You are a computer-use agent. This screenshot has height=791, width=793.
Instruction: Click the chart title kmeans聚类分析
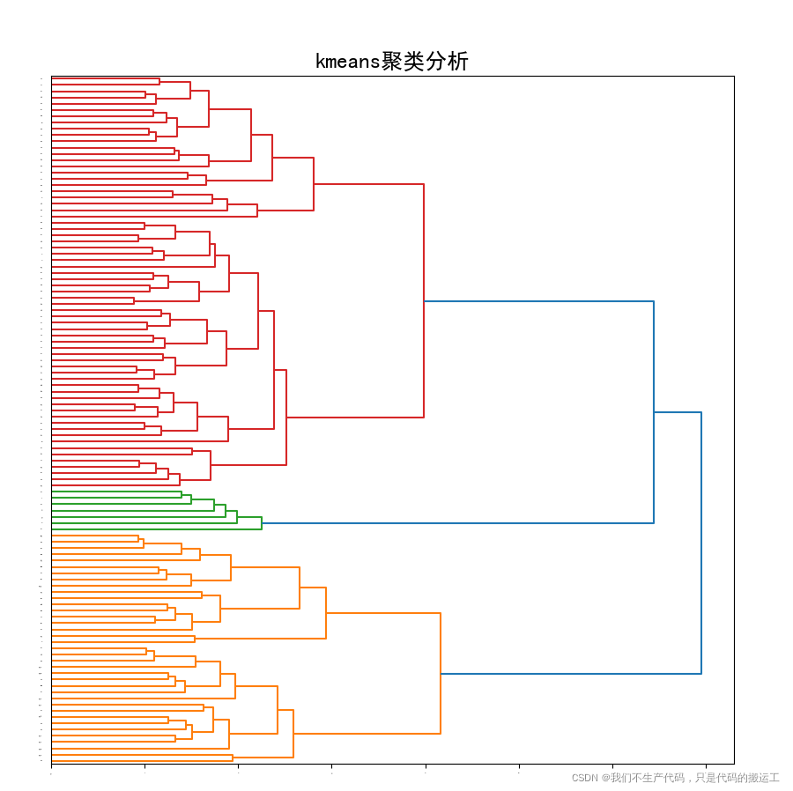(391, 62)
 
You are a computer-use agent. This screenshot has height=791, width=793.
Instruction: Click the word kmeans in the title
(347, 62)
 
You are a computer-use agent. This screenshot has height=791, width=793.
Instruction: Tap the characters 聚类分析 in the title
(425, 62)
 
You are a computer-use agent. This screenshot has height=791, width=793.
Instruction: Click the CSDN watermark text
(675, 778)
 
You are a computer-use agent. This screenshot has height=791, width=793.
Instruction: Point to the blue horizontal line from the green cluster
(458, 523)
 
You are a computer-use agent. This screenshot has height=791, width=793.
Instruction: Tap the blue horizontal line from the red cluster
(538, 301)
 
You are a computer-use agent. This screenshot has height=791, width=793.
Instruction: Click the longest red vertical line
(424, 300)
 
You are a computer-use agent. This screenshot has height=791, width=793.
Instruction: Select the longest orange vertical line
(441, 673)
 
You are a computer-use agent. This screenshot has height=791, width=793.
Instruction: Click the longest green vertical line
(262, 523)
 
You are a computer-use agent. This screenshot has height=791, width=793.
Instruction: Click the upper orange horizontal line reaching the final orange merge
(383, 613)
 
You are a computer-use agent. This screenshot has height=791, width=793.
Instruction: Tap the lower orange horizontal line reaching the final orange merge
(367, 734)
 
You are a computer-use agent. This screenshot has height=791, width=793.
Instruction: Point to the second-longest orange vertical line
(326, 613)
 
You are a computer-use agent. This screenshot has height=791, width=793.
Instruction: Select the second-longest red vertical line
(286, 418)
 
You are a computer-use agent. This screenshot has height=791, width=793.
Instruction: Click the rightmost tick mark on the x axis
(705, 766)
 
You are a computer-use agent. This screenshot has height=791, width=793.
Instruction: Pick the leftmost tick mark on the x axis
(51, 766)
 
